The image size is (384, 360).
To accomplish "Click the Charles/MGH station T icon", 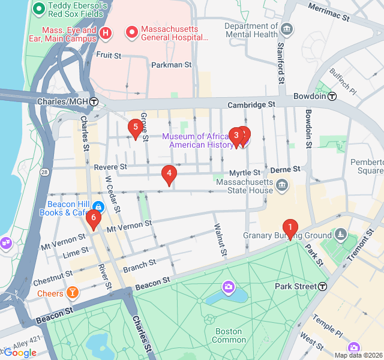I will pos(94,101).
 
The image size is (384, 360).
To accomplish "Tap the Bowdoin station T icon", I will pos(332,96).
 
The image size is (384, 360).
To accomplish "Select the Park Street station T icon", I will pos(323,286).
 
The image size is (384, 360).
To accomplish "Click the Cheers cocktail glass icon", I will pos(73,293).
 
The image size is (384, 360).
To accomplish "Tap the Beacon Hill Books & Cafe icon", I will pos(98,208).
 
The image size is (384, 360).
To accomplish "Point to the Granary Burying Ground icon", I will pos(341,233).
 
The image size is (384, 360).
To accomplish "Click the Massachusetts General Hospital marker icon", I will pos(131,31).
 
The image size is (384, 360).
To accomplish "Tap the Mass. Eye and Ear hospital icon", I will pos(106,32).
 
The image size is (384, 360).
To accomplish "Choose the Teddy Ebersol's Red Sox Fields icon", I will pos(39,8).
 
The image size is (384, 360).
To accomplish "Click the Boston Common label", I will pos(228,335).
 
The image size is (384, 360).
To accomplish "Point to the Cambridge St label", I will pos(251,104).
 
